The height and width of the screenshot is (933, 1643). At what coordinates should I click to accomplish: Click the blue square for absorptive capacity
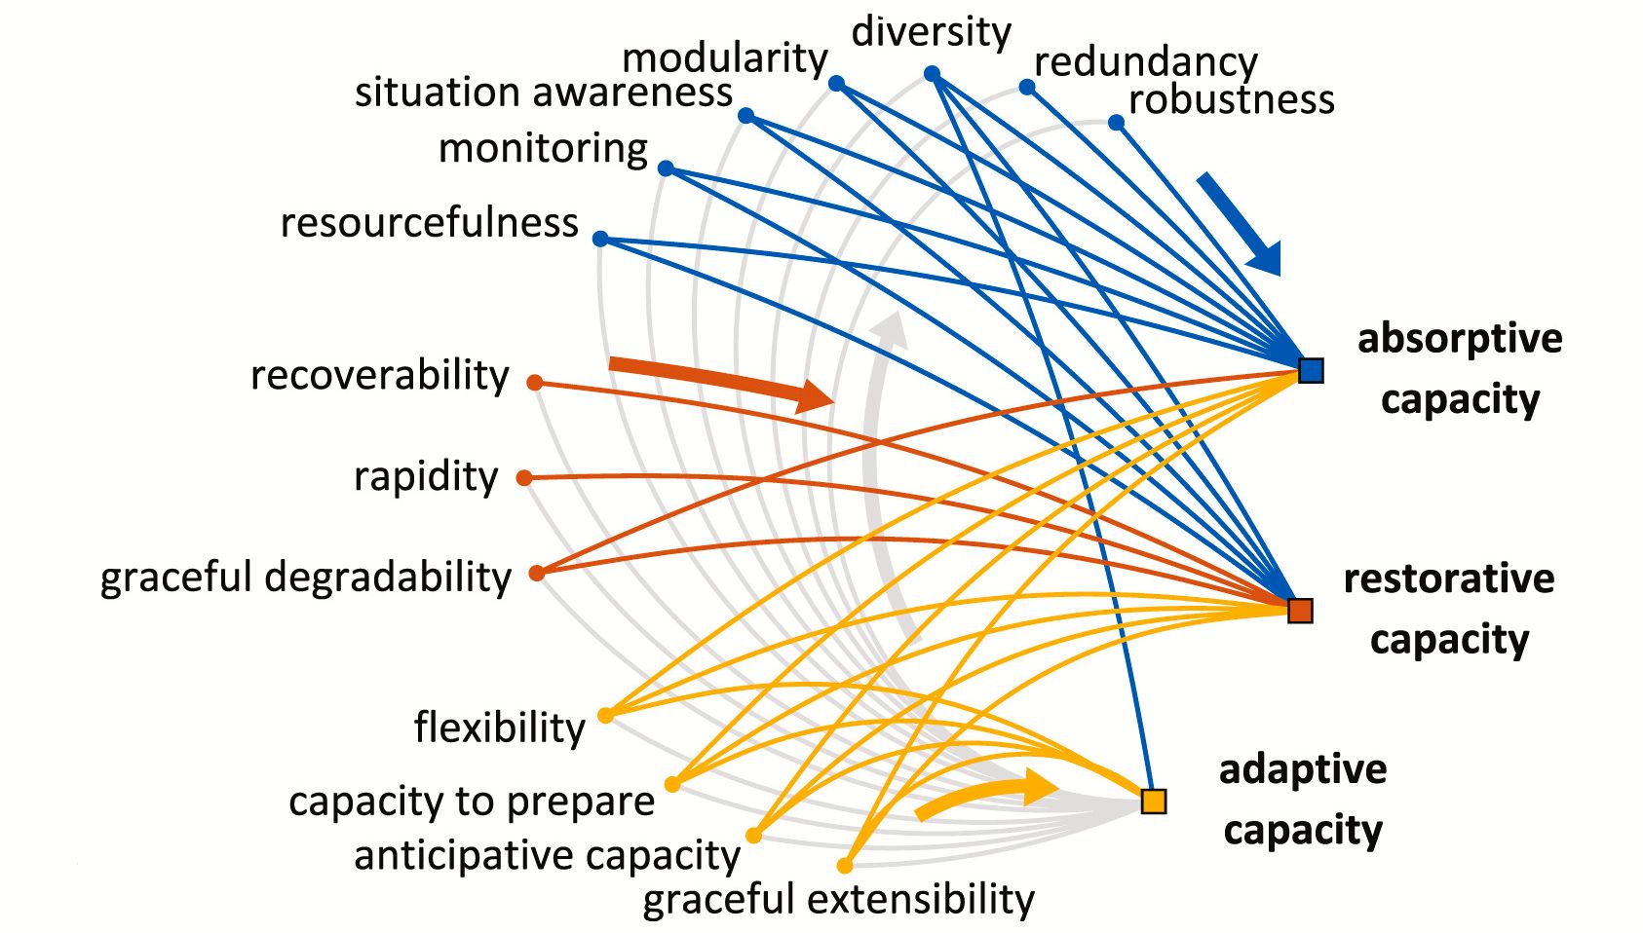[x=1311, y=370]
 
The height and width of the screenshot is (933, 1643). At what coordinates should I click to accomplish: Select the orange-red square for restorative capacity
[x=1300, y=611]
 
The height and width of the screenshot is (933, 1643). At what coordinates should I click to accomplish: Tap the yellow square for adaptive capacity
[x=1154, y=801]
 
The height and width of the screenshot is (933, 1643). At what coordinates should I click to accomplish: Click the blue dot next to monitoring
[x=666, y=168]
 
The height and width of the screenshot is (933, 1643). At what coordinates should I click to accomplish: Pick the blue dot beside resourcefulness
[x=600, y=239]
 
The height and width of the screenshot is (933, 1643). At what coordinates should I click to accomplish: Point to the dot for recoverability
[x=535, y=383]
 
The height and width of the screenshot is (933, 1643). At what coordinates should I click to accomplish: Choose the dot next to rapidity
[x=524, y=477]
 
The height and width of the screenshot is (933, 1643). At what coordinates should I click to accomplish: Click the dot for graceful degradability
[x=537, y=573]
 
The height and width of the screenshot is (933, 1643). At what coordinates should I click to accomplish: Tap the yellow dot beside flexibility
[x=605, y=715]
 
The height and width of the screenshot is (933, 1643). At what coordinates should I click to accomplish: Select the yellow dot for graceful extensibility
[x=845, y=865]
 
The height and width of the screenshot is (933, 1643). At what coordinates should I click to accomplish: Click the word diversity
[x=931, y=31]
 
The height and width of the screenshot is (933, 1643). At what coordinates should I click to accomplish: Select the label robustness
[x=1231, y=99]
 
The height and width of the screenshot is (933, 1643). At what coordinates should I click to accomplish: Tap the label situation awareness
[x=543, y=93]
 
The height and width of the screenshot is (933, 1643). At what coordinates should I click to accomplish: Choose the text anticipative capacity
[x=547, y=855]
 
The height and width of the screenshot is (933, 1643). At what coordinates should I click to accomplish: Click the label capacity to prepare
[x=472, y=801]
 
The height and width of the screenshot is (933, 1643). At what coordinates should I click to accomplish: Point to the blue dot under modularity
[x=836, y=84]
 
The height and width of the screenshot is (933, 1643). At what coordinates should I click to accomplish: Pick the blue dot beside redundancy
[x=1027, y=87]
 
